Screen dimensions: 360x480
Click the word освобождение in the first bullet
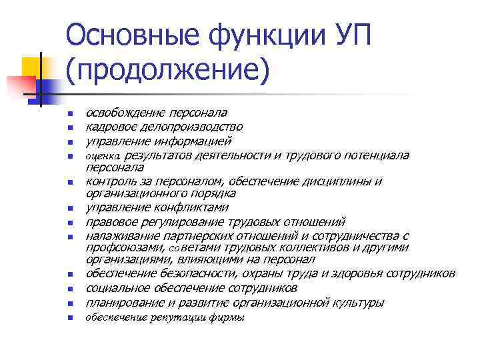point(123,112)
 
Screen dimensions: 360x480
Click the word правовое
point(109,222)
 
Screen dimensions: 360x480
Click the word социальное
point(117,288)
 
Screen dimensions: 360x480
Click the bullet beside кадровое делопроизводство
point(69,127)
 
